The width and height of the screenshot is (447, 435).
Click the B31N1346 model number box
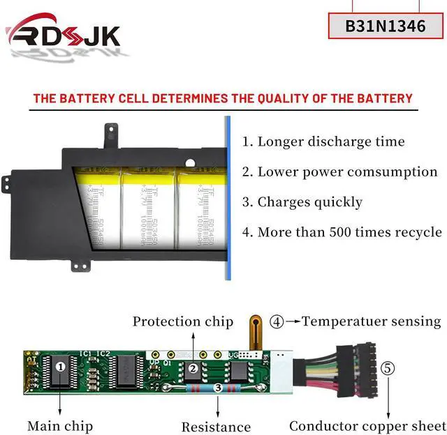tap(385, 26)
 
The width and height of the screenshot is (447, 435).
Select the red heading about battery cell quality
tap(223, 98)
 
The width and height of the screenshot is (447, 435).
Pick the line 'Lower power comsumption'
tap(339, 171)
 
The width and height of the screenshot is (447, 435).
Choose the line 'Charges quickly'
tap(302, 202)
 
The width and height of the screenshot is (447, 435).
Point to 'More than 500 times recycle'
tap(342, 232)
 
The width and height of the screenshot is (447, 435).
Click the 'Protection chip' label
tap(183, 321)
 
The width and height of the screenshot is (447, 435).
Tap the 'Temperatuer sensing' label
tap(371, 321)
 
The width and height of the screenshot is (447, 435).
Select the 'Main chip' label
tap(60, 425)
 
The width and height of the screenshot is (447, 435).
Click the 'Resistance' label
tap(216, 427)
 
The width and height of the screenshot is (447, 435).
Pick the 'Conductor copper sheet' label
tap(367, 425)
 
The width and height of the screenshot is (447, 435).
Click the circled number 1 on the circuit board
tap(61, 365)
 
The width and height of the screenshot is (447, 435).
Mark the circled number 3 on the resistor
tap(218, 387)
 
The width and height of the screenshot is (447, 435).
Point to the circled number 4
tap(277, 322)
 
